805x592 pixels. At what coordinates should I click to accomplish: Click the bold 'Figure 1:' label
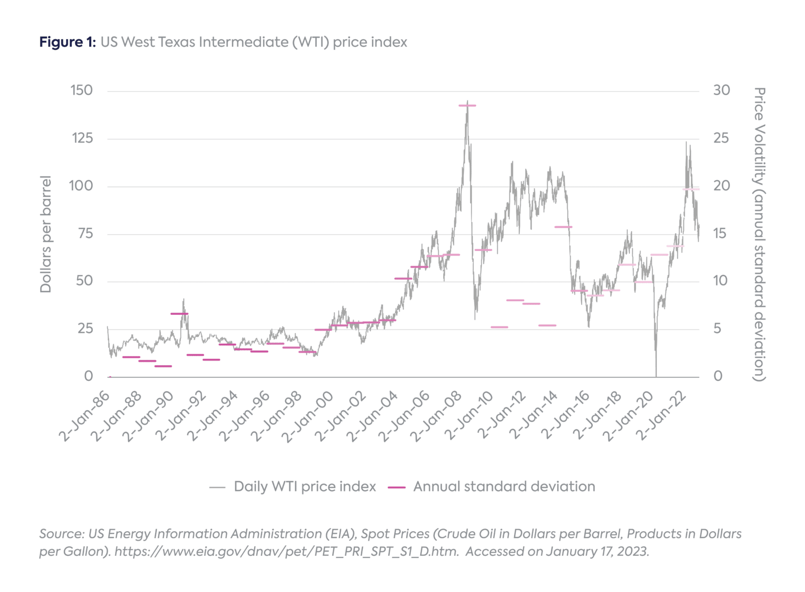67,42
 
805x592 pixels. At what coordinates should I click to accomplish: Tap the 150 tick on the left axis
81,90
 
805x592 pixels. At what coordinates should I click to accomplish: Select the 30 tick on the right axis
721,90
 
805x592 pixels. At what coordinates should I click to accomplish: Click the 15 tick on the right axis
721,233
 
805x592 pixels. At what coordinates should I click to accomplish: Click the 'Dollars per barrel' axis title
46,234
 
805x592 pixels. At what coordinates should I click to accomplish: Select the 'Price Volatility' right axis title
759,234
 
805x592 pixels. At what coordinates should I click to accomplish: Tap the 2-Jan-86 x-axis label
84,416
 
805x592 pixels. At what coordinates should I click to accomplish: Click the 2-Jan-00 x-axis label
309,416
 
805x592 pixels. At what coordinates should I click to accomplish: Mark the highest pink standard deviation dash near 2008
467,106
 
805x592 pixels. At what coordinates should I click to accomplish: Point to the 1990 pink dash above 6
179,314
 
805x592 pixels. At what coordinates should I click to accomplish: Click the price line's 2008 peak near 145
467,102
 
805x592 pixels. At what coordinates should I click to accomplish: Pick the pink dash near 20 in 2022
691,189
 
